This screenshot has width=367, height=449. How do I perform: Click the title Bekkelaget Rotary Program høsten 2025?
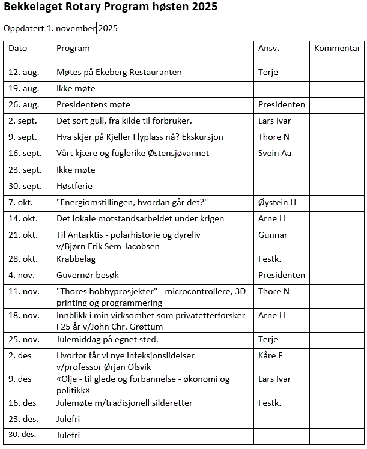pyautogui.click(x=111, y=8)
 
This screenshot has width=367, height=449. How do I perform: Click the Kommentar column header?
pyautogui.click(x=337, y=48)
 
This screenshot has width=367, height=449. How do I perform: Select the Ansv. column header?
pyautogui.click(x=268, y=48)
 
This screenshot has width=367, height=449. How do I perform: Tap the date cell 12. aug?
pyautogui.click(x=23, y=72)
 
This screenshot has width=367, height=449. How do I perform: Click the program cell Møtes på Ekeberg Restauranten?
pyautogui.click(x=119, y=72)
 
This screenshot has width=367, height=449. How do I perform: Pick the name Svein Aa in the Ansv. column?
pyautogui.click(x=274, y=153)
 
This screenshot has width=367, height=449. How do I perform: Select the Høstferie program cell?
pyautogui.click(x=74, y=186)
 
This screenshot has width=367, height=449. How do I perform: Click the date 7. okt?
pyautogui.click(x=21, y=203)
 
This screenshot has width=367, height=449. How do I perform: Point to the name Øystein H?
pyautogui.click(x=277, y=203)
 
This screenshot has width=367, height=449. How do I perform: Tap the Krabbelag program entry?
pyautogui.click(x=76, y=259)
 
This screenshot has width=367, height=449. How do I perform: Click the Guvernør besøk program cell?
pyautogui.click(x=88, y=276)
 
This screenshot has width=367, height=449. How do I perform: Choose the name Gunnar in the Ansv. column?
pyautogui.click(x=273, y=235)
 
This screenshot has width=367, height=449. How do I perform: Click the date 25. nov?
pyautogui.click(x=24, y=340)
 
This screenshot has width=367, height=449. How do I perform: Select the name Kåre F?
pyautogui.click(x=270, y=355)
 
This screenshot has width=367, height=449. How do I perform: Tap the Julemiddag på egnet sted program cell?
pyautogui.click(x=108, y=340)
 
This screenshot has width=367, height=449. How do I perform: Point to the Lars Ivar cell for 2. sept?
pyautogui.click(x=274, y=121)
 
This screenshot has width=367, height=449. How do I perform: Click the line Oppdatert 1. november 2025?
pyautogui.click(x=61, y=28)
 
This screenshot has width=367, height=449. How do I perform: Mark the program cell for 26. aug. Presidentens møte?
pyautogui.click(x=93, y=104)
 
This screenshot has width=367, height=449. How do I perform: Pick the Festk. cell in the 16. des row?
pyautogui.click(x=269, y=403)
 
